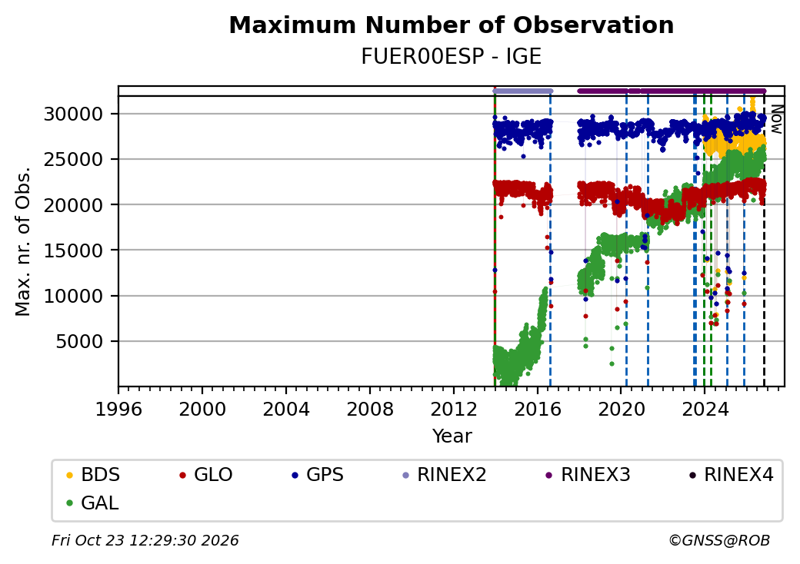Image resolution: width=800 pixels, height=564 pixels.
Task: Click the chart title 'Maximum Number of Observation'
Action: click(x=451, y=25)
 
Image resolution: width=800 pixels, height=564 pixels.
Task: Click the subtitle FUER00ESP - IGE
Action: click(x=451, y=57)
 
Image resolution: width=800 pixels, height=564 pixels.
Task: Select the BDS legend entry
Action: click(x=93, y=475)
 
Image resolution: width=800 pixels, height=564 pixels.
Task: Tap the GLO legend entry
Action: click(x=206, y=475)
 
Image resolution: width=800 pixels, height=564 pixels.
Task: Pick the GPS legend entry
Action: click(x=318, y=475)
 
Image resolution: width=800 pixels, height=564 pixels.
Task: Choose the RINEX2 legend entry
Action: click(x=445, y=475)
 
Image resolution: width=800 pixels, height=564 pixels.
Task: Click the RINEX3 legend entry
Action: click(x=588, y=475)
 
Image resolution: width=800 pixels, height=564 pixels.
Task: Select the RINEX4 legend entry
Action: click(x=732, y=475)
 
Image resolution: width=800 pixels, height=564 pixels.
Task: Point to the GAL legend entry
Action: click(x=93, y=503)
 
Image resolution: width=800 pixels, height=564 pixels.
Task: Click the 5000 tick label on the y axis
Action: click(x=79, y=341)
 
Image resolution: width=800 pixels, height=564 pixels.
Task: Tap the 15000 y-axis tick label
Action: click(x=74, y=250)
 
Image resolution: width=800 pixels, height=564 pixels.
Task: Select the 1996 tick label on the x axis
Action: click(x=118, y=409)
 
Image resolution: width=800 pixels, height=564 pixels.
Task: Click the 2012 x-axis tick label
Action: click(x=454, y=409)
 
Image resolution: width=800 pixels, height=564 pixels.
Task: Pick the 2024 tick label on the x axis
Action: click(x=705, y=409)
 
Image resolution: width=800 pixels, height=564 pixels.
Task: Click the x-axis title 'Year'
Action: click(x=452, y=436)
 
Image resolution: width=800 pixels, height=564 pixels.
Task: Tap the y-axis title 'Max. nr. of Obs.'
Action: click(x=23, y=241)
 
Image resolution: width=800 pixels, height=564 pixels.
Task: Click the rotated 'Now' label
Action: click(x=776, y=119)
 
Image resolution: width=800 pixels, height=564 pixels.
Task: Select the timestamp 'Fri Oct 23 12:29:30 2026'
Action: click(x=145, y=540)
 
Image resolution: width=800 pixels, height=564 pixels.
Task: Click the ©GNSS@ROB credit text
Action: click(x=719, y=540)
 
